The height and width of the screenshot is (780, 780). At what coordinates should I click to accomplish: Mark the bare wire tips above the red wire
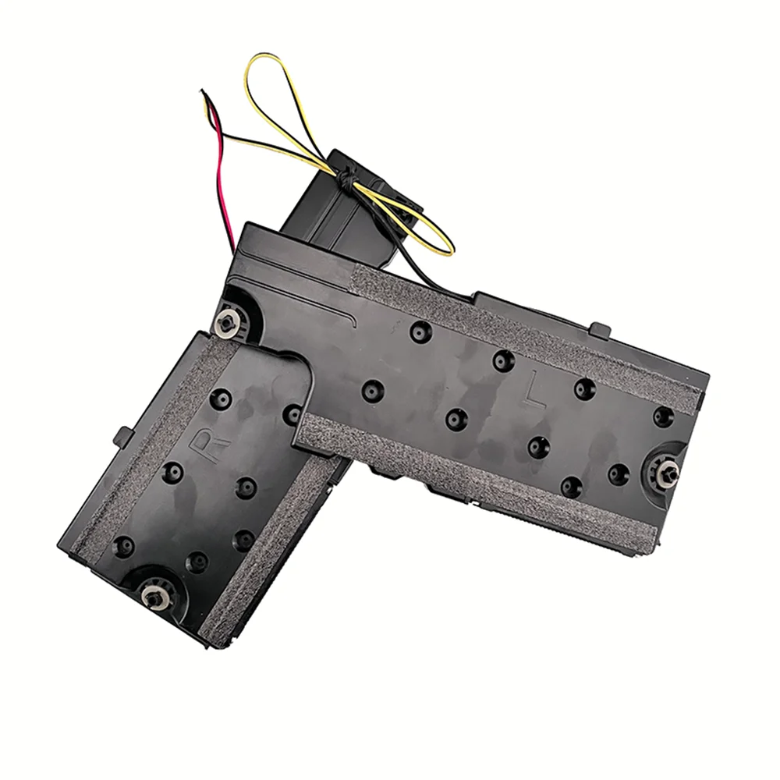click(204, 94)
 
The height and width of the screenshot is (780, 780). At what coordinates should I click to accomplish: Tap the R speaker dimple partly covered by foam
click(294, 414)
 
